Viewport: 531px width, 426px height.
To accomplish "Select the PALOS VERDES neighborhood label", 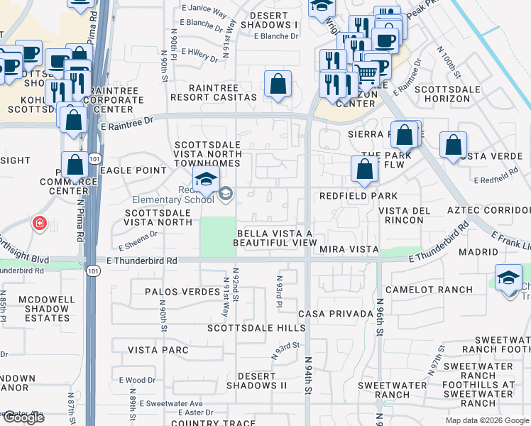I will coord(182,292).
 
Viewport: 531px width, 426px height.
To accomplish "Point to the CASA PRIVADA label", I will coord(336,314).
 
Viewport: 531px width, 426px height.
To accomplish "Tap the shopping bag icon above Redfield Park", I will coord(363,169).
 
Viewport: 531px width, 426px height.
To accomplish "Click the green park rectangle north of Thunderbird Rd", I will coord(218,236).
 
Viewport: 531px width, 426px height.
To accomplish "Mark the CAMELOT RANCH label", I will coord(429,290).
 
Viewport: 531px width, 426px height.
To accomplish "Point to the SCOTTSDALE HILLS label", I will coord(256,328).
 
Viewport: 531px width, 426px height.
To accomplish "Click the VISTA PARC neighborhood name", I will coord(158,350).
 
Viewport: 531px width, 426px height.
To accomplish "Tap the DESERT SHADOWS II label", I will coord(256,381).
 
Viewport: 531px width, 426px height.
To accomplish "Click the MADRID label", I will coord(478,252).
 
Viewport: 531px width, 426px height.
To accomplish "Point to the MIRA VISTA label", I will coord(348,249).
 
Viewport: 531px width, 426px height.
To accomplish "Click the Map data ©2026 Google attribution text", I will coord(486,420).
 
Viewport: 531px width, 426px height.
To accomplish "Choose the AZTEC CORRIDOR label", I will coord(488,210).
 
